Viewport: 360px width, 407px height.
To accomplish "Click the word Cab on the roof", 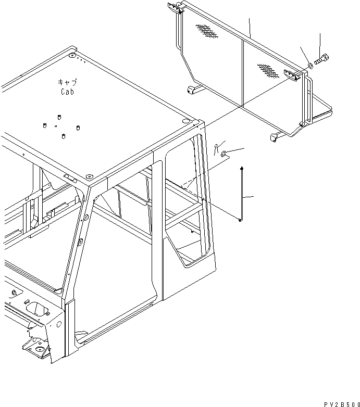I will tap(67, 92).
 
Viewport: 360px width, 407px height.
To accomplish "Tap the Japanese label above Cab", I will tap(67, 82).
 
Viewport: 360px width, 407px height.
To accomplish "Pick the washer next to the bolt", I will tap(310, 66).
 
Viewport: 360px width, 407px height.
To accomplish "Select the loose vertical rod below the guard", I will tap(241, 194).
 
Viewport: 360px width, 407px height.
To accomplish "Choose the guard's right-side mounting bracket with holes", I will tap(292, 74).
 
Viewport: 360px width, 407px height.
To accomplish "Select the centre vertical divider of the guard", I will tap(242, 73).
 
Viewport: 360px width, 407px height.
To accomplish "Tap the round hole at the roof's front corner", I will tap(89, 176).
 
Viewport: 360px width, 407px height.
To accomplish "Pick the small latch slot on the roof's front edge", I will tap(68, 177).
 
